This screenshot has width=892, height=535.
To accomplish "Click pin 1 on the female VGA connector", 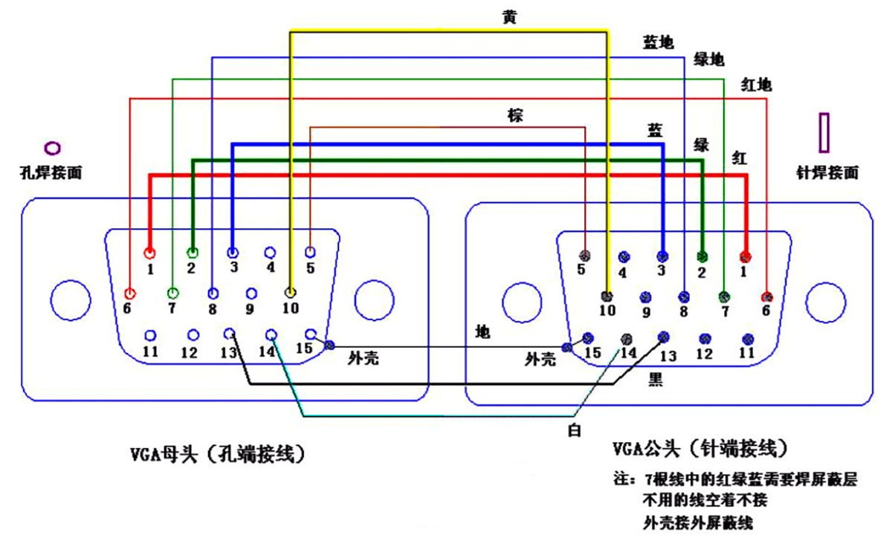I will (x=151, y=253).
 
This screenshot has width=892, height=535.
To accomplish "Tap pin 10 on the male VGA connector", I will (x=607, y=296).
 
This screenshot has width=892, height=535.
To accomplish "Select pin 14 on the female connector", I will (x=271, y=335).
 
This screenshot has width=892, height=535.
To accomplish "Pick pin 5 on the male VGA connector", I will (x=586, y=256).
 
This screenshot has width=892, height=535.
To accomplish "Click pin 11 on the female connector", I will (x=151, y=336).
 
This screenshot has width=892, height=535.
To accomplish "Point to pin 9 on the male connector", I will (x=645, y=297).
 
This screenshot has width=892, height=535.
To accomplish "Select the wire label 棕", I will (x=515, y=115).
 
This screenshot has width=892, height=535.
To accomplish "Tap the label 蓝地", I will (x=658, y=42).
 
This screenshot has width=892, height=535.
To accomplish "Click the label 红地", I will (x=757, y=84).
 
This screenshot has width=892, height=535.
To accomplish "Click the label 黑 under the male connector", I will (x=656, y=380).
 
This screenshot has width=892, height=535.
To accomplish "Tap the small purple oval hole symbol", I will (x=53, y=147).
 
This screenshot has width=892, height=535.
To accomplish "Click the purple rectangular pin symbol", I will (x=823, y=132).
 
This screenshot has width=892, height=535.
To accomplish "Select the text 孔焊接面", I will (x=51, y=172).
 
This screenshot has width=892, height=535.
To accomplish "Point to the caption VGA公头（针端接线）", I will (x=699, y=449).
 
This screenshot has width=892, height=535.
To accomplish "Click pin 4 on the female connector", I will (x=271, y=253).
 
